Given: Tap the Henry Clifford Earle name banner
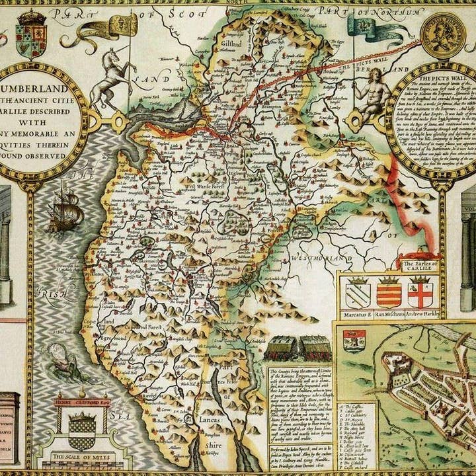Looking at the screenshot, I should point(81,401).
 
